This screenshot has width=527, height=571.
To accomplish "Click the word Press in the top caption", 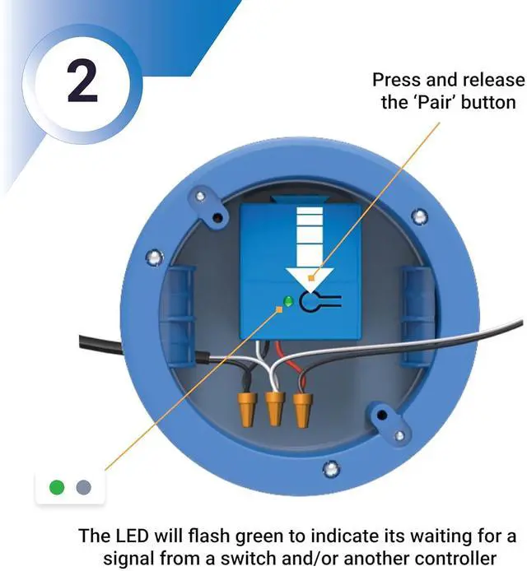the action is tap(397, 80).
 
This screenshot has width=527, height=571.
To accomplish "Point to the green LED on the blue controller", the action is tap(287, 300).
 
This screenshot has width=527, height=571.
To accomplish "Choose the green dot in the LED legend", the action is tap(57, 487).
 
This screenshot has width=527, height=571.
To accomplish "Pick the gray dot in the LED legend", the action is tap(82, 487).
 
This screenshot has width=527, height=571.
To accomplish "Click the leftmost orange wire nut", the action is tap(245, 406).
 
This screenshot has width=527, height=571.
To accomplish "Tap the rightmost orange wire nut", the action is tap(304, 406).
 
